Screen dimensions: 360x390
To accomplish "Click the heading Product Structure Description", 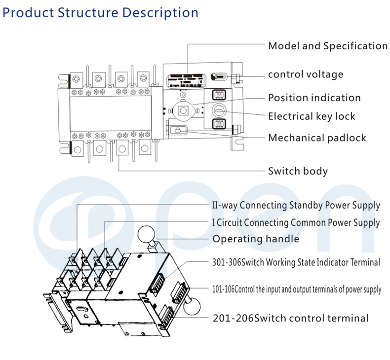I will point(101,12).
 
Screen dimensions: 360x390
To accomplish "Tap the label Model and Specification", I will point(327,46).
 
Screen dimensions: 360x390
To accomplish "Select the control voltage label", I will point(305,74).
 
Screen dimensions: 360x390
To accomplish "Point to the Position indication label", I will point(314,98).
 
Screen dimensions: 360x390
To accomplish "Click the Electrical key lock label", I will point(312,116).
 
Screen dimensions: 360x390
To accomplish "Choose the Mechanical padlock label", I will point(317,138).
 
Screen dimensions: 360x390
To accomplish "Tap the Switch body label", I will point(298,171).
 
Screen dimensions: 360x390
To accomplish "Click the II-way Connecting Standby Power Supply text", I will point(296,205).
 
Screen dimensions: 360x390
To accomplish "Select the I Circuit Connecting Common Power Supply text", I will point(296,222).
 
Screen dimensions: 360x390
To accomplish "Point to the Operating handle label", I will point(256,239).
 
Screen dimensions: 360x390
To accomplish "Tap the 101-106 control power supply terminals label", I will point(297,289).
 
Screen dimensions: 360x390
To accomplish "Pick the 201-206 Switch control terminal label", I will point(290,318).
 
